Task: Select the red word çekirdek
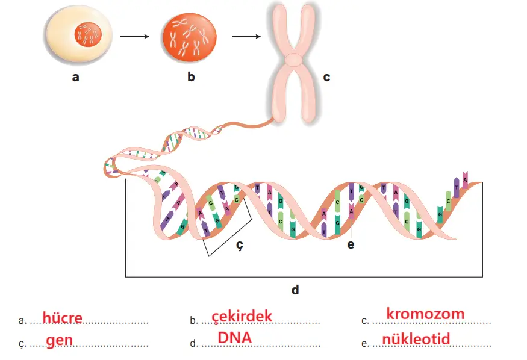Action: pos(242,317)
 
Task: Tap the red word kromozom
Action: pos(425,314)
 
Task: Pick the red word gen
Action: pos(59,340)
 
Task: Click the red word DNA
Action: pos(235,338)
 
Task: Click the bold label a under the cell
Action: pos(75,76)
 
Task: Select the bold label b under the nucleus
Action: pos(191,76)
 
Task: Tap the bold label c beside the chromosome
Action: pos(326,77)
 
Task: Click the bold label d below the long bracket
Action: pos(295,290)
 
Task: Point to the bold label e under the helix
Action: pos(351,244)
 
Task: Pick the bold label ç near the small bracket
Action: pos(239,244)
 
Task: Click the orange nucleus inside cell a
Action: pos(87,35)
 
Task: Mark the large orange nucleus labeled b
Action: pos(190,37)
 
